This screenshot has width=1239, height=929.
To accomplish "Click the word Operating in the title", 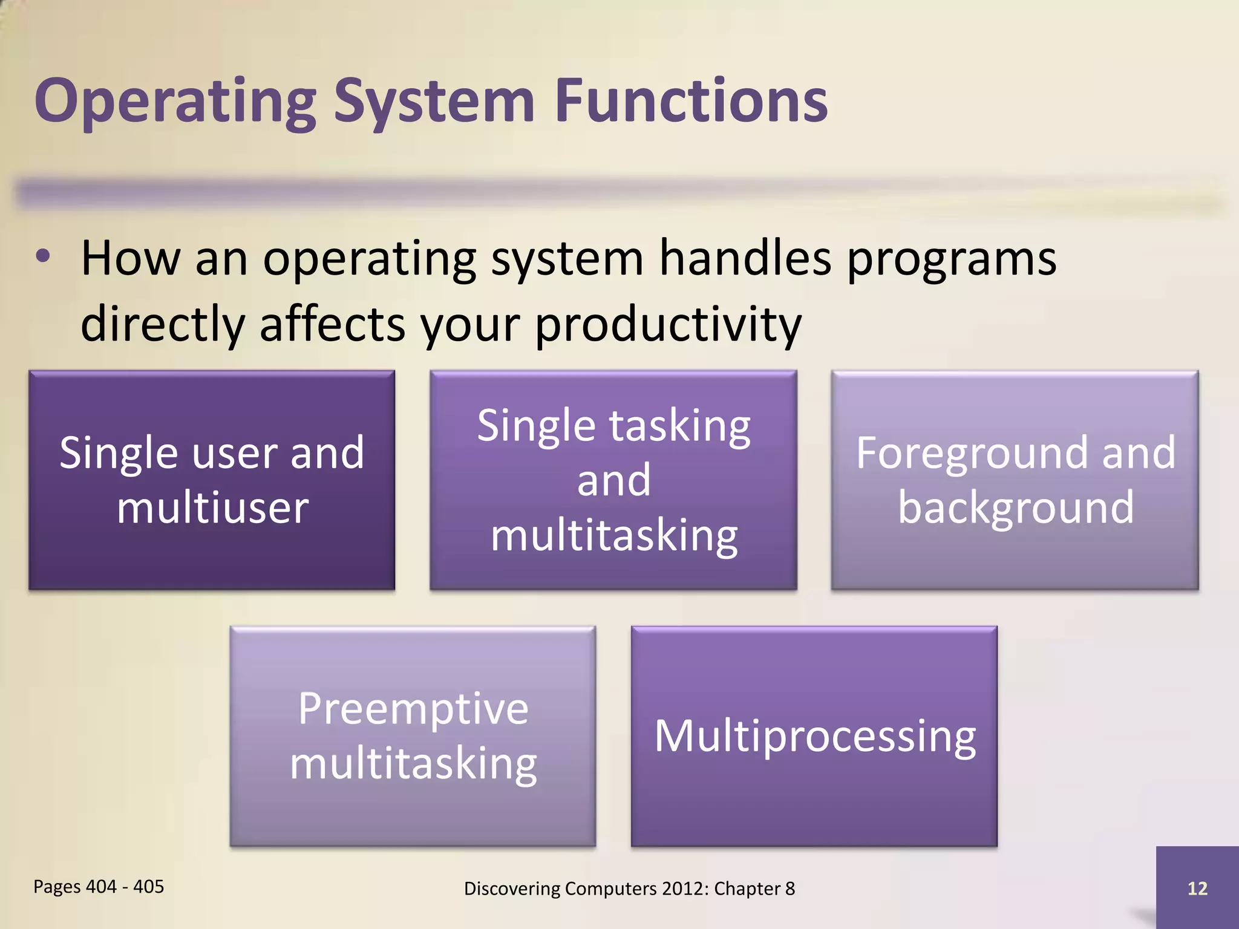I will click(175, 102).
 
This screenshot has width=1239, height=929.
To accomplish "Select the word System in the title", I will click(434, 102).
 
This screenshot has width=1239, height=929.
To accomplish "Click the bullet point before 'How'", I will click(43, 256).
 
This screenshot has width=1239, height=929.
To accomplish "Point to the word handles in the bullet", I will click(745, 259).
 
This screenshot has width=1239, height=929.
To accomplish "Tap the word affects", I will click(332, 324).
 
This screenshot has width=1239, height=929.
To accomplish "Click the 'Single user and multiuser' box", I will click(212, 480).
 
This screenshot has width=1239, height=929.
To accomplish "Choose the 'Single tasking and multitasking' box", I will click(613, 480).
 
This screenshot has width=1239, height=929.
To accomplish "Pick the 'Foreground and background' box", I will click(1015, 480).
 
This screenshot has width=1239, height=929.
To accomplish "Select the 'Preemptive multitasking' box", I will click(413, 735).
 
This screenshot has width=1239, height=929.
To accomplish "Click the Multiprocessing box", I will click(814, 735).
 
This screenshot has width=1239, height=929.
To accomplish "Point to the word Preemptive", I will click(413, 709).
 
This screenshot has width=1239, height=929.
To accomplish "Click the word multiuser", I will click(212, 508).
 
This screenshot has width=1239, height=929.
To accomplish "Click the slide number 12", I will click(1197, 888).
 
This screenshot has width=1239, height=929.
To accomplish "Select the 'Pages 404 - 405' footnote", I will click(99, 887).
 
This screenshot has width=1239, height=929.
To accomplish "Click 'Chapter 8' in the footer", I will click(754, 888).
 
